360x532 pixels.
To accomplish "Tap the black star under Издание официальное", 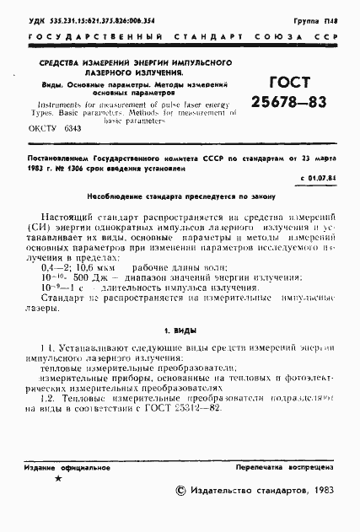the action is (x=58, y=478).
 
